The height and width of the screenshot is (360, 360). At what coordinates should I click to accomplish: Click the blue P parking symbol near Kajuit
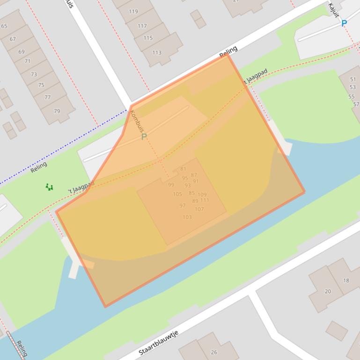click(x=345, y=23)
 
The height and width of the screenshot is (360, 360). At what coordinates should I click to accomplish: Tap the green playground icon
click(x=49, y=187)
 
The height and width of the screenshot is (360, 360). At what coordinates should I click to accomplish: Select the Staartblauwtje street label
click(x=159, y=343)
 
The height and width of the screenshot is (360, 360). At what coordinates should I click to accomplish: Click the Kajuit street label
click(x=333, y=10)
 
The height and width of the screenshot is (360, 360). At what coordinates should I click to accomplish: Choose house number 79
click(x=57, y=111)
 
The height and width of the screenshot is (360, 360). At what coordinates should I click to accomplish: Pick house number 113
click(x=156, y=53)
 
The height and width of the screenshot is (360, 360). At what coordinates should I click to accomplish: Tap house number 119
click(x=133, y=11)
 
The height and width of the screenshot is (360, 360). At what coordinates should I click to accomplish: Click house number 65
click(x=5, y=26)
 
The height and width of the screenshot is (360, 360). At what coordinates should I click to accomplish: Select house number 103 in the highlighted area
click(x=187, y=217)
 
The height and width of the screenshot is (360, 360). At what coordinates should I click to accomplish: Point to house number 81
click(x=183, y=169)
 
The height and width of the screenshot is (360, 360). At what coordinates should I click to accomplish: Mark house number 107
click(x=199, y=209)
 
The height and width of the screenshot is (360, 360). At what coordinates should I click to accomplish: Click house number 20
click(x=328, y=291)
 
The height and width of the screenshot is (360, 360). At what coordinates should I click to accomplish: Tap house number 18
click(x=346, y=281)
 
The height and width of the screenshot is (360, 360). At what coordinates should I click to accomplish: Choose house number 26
click(x=214, y=352)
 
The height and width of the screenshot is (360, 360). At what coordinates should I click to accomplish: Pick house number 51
click(x=353, y=79)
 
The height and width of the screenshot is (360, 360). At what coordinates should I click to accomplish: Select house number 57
click(x=356, y=104)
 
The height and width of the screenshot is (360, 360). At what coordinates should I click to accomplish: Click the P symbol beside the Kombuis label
click(x=144, y=137)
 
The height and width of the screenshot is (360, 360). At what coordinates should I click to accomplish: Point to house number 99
click(x=171, y=185)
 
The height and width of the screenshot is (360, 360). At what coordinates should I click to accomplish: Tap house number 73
click(x=34, y=74)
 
